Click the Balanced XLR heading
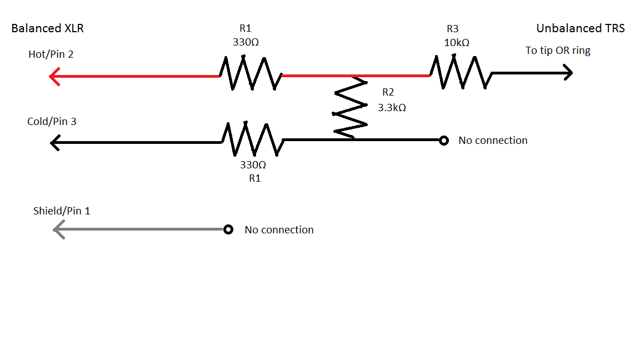tap(47, 28)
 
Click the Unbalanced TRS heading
tap(580, 28)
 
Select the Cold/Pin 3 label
tap(52, 121)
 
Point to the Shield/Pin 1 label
tap(62, 211)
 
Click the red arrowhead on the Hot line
tap(54, 76)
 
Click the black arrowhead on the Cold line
tap(56, 143)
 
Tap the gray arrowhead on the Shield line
tap(58, 229)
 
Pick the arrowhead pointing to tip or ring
tap(567, 73)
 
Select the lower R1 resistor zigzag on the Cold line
tap(253, 139)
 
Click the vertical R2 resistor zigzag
tap(350, 107)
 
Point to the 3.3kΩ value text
tap(392, 107)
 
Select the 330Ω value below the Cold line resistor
tap(253, 165)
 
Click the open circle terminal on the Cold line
tap(443, 141)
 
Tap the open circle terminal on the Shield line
tap(228, 229)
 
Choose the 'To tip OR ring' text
tap(558, 51)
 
